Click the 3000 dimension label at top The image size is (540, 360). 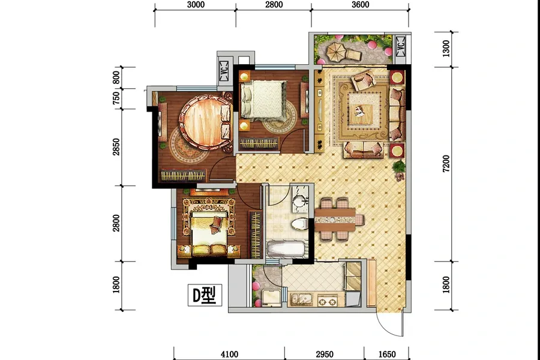(196, 4)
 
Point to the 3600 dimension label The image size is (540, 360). (360, 4)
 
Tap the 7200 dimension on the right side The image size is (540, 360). (446, 164)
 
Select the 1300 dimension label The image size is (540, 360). (446, 49)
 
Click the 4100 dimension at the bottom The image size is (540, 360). (229, 354)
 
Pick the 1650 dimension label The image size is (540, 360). (387, 354)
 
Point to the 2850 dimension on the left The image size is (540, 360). (116, 147)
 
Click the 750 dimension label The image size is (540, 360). (116, 98)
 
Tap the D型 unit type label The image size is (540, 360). (205, 295)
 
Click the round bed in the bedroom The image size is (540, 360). (206, 122)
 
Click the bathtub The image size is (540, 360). (286, 249)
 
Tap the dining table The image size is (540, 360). (335, 219)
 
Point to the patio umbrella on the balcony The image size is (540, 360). (335, 52)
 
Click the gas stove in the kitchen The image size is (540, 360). (327, 301)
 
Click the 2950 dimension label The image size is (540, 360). (325, 354)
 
